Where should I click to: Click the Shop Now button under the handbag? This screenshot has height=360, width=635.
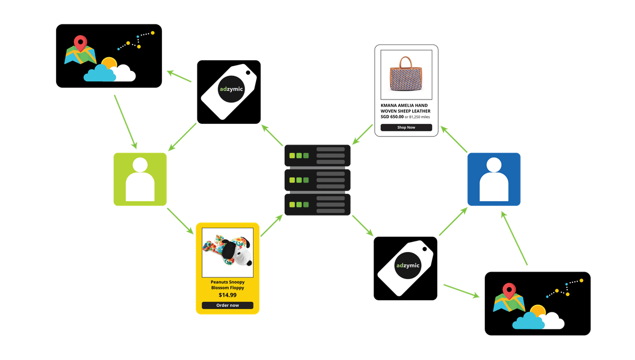[406, 128]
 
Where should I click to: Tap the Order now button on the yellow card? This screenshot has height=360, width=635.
[228, 305]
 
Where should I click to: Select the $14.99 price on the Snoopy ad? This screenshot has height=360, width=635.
[228, 295]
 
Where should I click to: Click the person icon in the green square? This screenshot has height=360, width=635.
[140, 179]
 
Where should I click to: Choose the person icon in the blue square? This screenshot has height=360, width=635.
[494, 179]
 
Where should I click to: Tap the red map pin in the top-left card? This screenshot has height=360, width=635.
[80, 42]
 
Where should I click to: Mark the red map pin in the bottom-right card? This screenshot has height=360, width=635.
[509, 290]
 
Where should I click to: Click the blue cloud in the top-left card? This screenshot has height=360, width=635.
[99, 74]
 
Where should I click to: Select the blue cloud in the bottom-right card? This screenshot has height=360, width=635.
[528, 321]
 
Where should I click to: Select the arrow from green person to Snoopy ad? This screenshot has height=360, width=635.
[180, 221]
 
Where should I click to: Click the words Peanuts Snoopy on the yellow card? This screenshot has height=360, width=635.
[228, 282]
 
